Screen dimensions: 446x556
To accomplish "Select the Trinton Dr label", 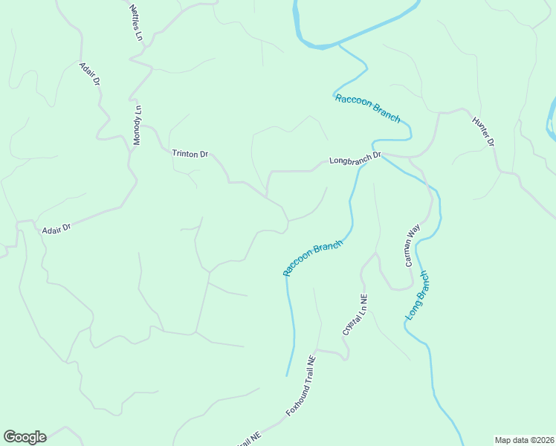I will (190, 154).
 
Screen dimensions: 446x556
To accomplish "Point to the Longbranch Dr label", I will (355, 158).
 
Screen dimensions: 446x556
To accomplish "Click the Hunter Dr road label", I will (483, 131).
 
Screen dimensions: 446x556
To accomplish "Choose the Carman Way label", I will (413, 245).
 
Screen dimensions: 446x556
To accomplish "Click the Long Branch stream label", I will (418, 296).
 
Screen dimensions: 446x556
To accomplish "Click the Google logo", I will (25, 437).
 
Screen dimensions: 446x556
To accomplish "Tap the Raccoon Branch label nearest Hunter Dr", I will (367, 108).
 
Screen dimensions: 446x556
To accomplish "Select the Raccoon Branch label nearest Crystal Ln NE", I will (313, 258).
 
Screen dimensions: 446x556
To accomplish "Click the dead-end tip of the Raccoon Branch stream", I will (287, 375).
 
